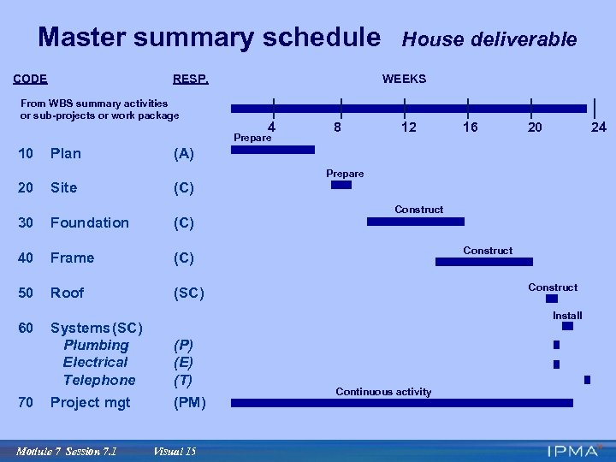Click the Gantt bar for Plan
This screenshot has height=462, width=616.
pyautogui.click(x=274, y=150)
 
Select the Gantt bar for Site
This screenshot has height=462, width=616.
pyautogui.click(x=341, y=185)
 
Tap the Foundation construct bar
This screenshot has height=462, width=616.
pyautogui.click(x=415, y=221)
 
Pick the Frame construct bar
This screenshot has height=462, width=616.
pyautogui.click(x=484, y=262)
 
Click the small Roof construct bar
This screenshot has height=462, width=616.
pyautogui.click(x=552, y=299)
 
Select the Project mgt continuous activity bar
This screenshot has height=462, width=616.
pyautogui.click(x=403, y=403)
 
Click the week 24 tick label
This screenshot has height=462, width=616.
pyautogui.click(x=599, y=127)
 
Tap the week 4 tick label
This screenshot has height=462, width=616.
pyautogui.click(x=271, y=127)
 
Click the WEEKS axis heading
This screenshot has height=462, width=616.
pyautogui.click(x=404, y=80)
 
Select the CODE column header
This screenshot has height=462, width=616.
pyautogui.click(x=31, y=80)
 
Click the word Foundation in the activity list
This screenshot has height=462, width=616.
pyautogui.click(x=89, y=222)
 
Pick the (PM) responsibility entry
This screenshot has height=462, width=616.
pyautogui.click(x=189, y=402)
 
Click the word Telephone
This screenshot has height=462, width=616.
pyautogui.click(x=99, y=380)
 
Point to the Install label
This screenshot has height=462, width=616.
pyautogui.click(x=566, y=316)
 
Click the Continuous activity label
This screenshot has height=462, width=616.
pyautogui.click(x=383, y=392)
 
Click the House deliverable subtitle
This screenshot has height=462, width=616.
pyautogui.click(x=489, y=39)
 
